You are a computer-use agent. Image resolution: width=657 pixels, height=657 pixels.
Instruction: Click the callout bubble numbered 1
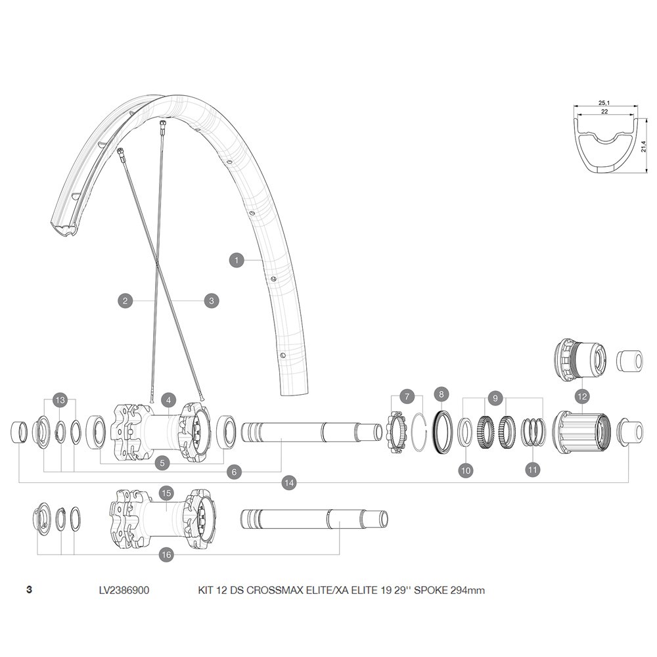click(x=235, y=260)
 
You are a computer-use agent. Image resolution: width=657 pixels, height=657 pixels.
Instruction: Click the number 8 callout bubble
click(x=441, y=394)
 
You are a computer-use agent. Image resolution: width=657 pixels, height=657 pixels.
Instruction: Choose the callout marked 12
click(x=581, y=396)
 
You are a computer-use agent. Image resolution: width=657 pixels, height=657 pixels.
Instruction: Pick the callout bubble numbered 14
click(x=288, y=483)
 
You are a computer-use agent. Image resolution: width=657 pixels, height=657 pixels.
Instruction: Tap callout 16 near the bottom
click(x=166, y=555)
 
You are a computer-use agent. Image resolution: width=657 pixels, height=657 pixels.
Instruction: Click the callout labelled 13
click(x=60, y=400)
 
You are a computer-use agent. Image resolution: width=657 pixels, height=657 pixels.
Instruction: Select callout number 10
click(x=466, y=470)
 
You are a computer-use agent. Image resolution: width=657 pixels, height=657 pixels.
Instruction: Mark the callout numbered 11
click(x=533, y=470)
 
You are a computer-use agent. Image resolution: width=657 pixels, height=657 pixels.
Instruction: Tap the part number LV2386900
click(x=124, y=590)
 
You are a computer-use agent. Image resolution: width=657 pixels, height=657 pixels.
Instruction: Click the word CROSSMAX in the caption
click(x=269, y=590)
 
